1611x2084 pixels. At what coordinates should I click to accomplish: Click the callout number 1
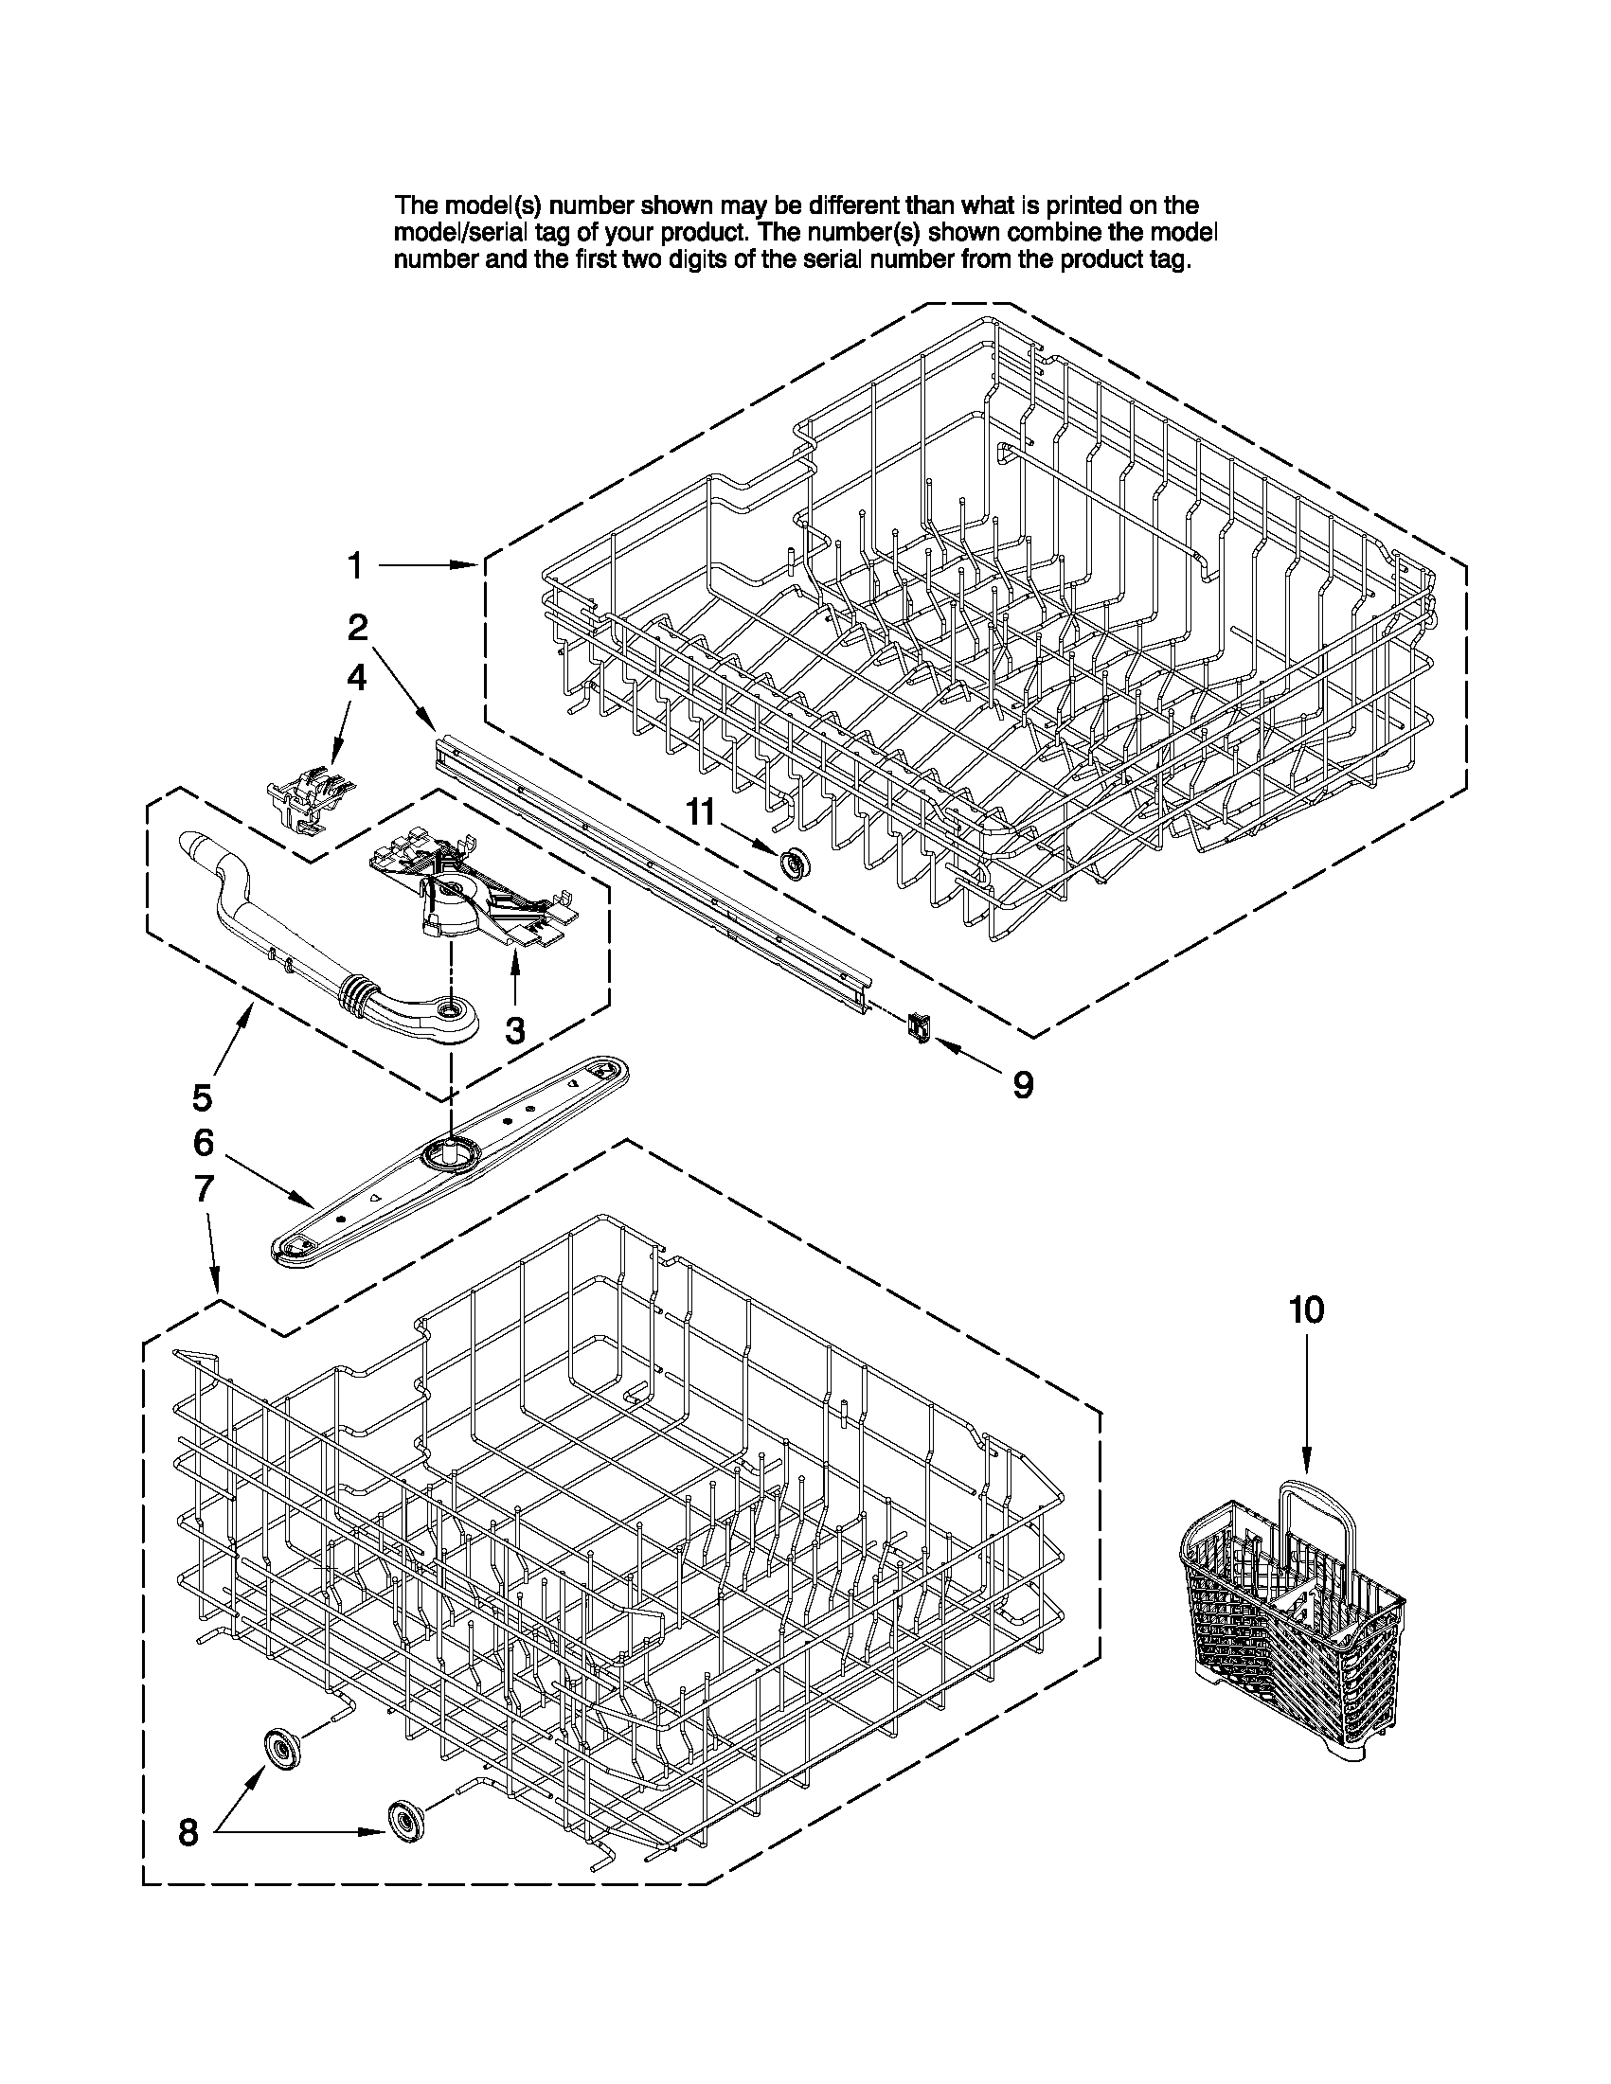[354, 566]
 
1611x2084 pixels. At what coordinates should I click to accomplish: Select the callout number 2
[357, 627]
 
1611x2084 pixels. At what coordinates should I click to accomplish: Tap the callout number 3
[514, 1030]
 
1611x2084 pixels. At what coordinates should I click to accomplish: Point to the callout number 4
[355, 678]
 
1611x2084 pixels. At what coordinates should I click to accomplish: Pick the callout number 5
[203, 1097]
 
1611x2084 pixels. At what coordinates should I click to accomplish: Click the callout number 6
[204, 1142]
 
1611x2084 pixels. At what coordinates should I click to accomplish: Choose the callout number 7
[204, 1189]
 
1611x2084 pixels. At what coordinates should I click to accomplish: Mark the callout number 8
[188, 1831]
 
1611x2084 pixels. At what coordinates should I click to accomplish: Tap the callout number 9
[1022, 1084]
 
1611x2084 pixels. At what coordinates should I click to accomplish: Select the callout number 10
[1307, 1310]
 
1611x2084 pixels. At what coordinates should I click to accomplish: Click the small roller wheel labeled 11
[790, 864]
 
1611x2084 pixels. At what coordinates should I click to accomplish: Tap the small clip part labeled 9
[918, 1027]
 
